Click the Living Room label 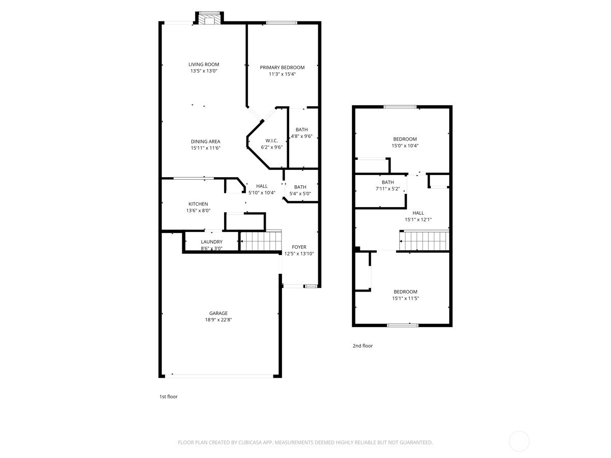[x=204, y=65]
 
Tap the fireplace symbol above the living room [x=209, y=19]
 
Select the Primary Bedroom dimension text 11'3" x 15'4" [x=282, y=74]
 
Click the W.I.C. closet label [x=271, y=140]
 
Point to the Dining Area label [x=205, y=141]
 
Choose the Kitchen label [x=198, y=204]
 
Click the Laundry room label [x=211, y=242]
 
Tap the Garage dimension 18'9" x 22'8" [x=218, y=320]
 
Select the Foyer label [x=299, y=247]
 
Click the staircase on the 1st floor [x=261, y=240]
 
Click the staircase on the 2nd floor [x=425, y=241]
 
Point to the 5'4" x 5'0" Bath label [x=300, y=187]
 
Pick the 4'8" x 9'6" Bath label [x=301, y=130]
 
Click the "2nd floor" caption [x=363, y=346]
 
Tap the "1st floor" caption [x=169, y=396]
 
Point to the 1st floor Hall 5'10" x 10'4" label [x=262, y=186]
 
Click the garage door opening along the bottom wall [x=221, y=376]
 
